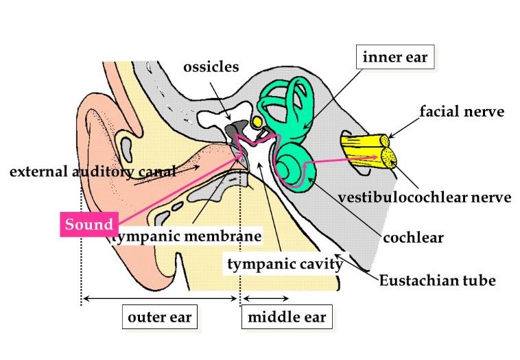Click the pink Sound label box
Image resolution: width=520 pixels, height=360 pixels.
(89, 224)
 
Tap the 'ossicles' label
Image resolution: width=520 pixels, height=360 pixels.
(211, 67)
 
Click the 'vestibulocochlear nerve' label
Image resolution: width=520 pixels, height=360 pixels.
(425, 198)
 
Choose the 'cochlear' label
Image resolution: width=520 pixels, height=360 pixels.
(413, 238)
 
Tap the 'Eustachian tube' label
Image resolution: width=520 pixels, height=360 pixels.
(438, 280)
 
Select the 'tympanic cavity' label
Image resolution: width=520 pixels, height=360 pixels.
(285, 263)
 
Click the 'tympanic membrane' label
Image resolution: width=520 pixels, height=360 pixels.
(187, 237)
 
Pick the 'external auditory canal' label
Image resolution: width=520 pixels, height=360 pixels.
(91, 171)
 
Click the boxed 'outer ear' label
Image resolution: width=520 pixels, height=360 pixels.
(159, 317)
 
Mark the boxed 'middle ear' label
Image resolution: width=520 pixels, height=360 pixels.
(287, 317)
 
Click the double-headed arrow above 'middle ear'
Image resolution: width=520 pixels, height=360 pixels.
(266, 298)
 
